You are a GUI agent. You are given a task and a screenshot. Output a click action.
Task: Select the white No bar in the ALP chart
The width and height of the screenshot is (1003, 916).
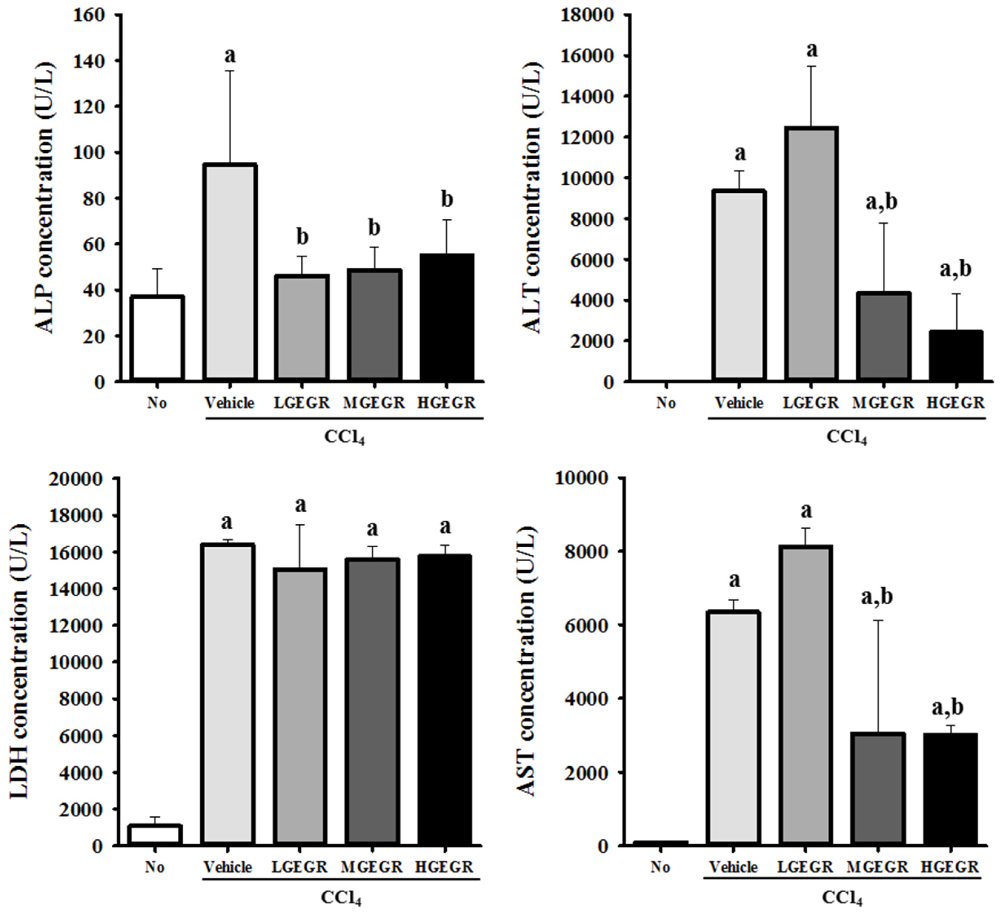(x=157, y=338)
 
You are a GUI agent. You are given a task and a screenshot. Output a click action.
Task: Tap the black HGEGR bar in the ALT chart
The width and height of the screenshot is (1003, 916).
(x=956, y=356)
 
